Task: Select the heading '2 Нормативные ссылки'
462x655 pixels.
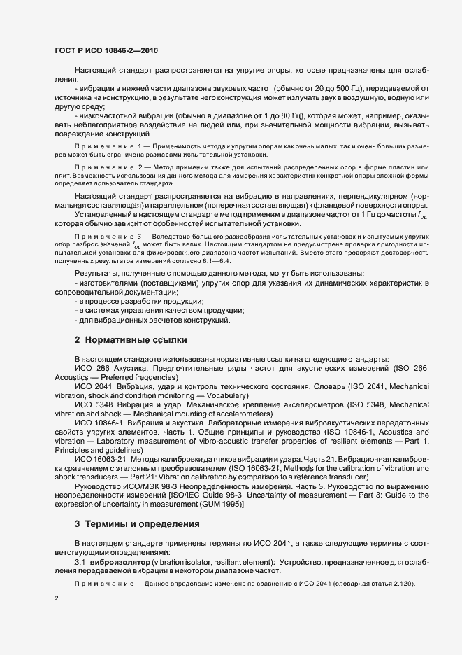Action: (x=131, y=340)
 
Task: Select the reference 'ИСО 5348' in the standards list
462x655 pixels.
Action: (x=92, y=404)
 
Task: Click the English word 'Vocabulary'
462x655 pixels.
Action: (x=217, y=395)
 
